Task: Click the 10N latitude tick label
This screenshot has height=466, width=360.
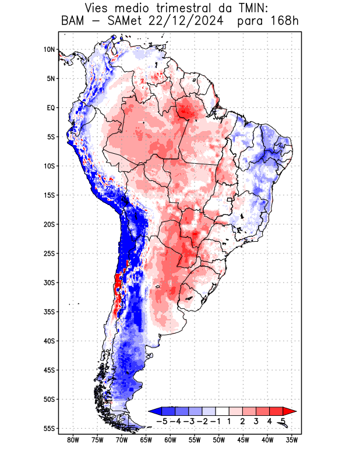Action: (49, 50)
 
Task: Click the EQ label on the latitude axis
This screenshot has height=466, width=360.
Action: (51, 108)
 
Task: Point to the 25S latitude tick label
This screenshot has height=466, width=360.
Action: (49, 253)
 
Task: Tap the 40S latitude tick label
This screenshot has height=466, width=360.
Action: (49, 341)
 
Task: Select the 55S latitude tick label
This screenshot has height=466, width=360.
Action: (49, 428)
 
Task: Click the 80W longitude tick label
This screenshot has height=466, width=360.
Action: (73, 440)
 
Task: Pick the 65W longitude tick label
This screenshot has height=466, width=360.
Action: (146, 440)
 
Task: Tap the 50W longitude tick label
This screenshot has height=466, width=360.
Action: (219, 440)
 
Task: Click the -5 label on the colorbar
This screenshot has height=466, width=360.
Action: (163, 421)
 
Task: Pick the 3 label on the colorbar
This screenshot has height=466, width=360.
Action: (256, 421)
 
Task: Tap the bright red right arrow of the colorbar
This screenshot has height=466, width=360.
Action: (291, 411)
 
